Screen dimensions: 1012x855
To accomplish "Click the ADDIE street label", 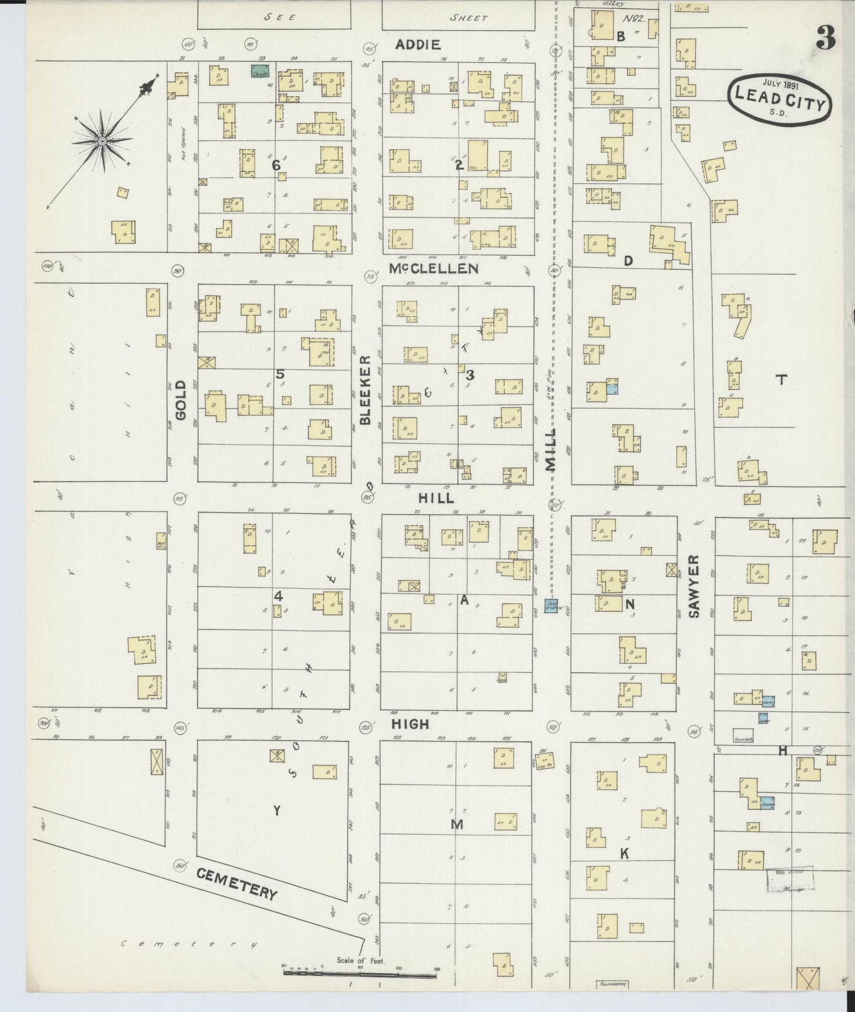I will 418,44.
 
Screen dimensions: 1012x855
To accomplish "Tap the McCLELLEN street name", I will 434,269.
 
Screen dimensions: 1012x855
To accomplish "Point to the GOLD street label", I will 180,401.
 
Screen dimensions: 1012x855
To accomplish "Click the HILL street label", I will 436,498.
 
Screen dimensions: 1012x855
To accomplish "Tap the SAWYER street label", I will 694,586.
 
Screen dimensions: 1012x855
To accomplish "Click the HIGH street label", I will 409,724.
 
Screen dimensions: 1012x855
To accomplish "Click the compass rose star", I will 102,141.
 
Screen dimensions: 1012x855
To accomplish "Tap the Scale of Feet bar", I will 361,971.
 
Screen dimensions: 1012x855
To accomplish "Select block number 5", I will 280,374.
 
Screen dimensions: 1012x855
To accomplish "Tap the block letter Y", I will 276,811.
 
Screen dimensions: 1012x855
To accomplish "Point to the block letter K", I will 623,853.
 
